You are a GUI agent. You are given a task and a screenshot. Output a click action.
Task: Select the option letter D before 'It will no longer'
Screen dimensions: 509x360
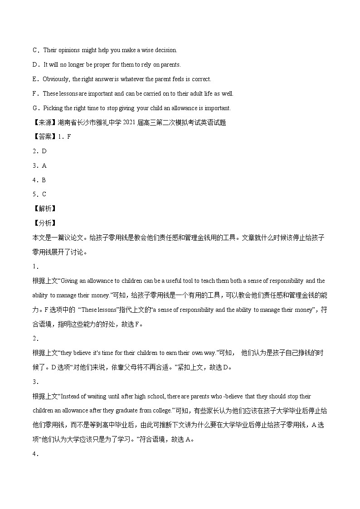click(x=34, y=65)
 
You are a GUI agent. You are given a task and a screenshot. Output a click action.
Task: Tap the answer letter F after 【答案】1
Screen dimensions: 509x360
click(x=69, y=137)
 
